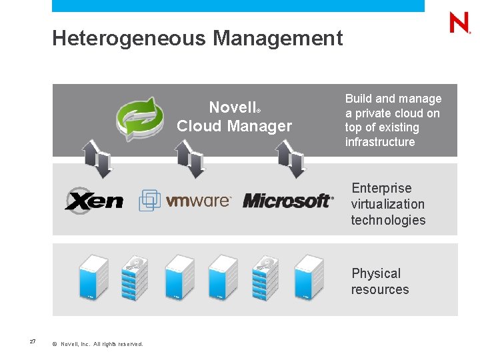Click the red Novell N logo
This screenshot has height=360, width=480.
(x=460, y=23)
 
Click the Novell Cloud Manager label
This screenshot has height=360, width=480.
(x=234, y=117)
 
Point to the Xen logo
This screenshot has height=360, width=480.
(x=94, y=199)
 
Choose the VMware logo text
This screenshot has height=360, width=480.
(x=198, y=201)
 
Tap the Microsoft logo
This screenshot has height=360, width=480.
(x=287, y=200)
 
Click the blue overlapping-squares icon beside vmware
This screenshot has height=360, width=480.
(x=149, y=200)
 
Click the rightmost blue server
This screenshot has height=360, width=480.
(x=309, y=277)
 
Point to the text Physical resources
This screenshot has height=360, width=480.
(x=379, y=281)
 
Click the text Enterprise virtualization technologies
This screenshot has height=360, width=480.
(x=387, y=204)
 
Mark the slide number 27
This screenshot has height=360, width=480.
(x=33, y=341)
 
